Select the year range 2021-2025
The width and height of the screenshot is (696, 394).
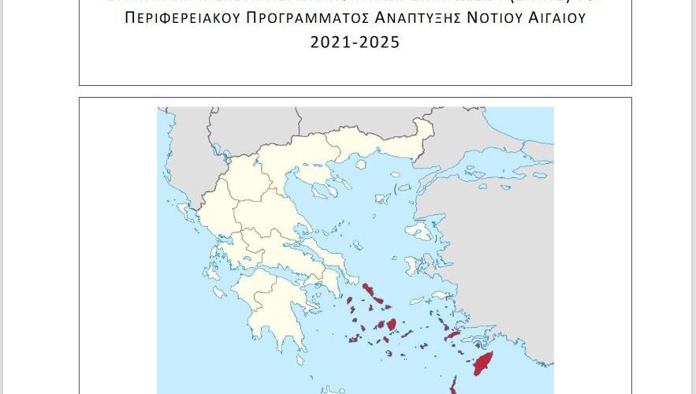tap(355, 43)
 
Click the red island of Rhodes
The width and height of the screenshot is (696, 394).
tap(482, 365)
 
